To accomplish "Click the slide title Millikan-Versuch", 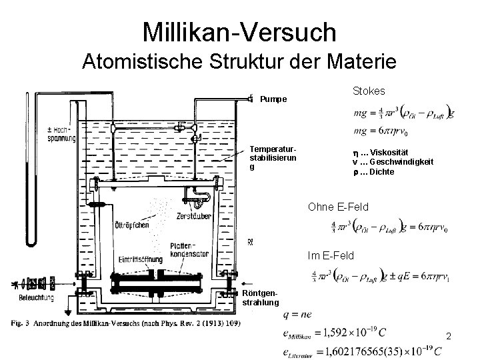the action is [240, 31].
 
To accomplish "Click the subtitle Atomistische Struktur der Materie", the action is [240, 61].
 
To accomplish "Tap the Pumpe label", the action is [273, 99].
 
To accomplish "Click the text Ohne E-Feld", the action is [338, 207].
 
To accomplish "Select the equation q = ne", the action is [297, 314].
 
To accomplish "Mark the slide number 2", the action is [449, 336].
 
